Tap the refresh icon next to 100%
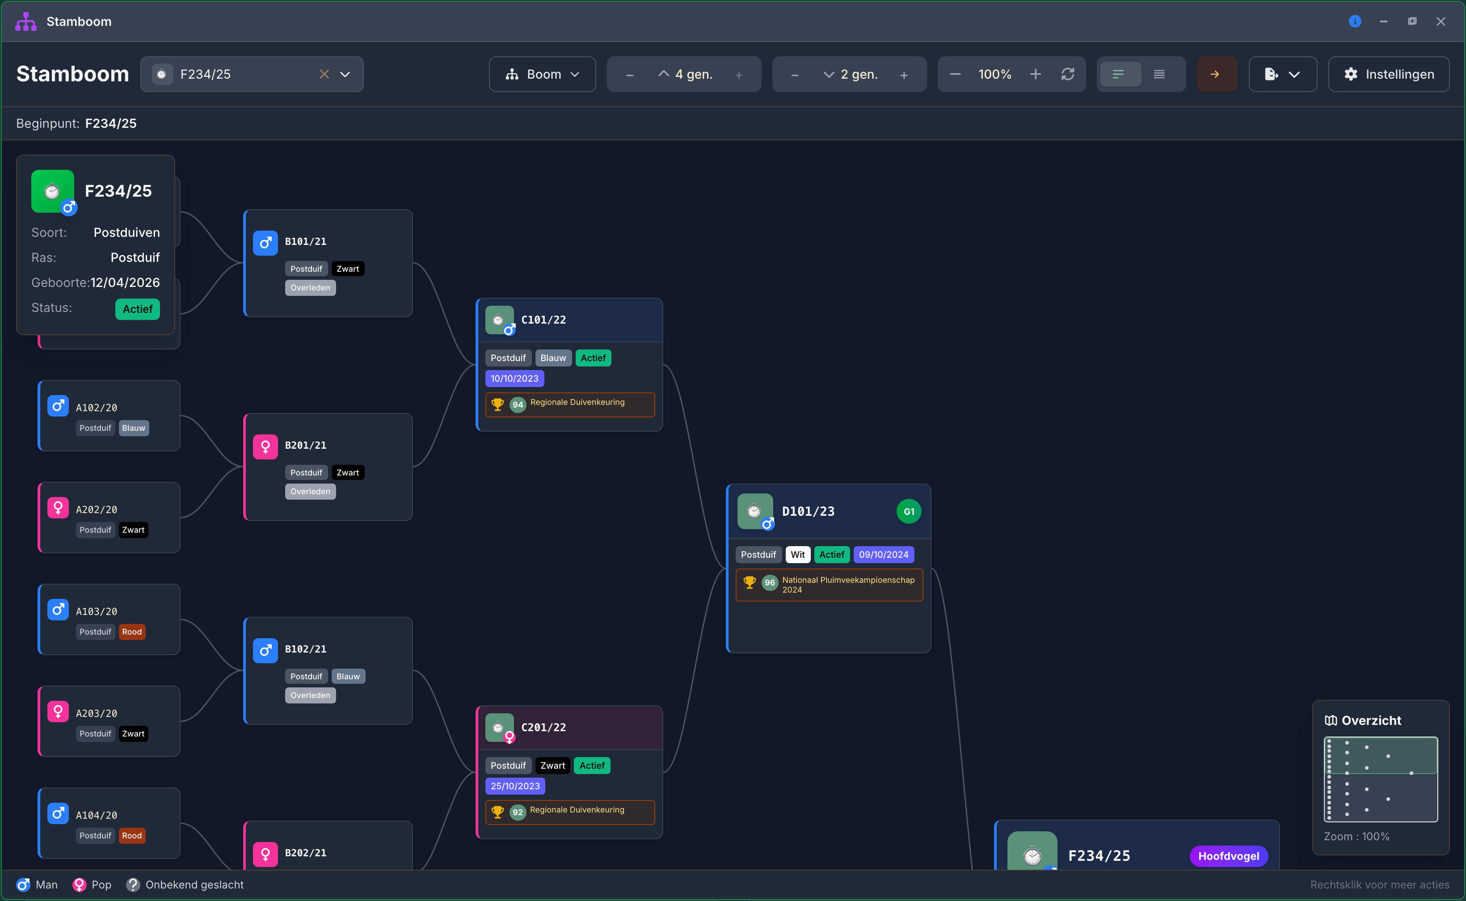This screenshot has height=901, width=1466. pyautogui.click(x=1068, y=74)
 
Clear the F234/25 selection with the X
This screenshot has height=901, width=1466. pyautogui.click(x=324, y=74)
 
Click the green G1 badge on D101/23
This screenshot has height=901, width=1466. pyautogui.click(x=909, y=511)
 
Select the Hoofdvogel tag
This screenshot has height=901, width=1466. pyautogui.click(x=1229, y=856)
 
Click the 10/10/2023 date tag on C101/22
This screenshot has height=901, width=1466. pyautogui.click(x=514, y=379)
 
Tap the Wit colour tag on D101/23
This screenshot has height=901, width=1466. pyautogui.click(x=798, y=555)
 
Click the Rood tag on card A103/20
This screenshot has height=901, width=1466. pyautogui.click(x=132, y=632)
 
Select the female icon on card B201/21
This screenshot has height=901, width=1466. pyautogui.click(x=265, y=447)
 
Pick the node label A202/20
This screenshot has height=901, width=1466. pyautogui.click(x=97, y=509)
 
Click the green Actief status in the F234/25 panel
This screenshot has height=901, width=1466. pyautogui.click(x=138, y=309)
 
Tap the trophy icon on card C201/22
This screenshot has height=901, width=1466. pyautogui.click(x=497, y=812)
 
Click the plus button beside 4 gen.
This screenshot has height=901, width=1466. pyautogui.click(x=739, y=75)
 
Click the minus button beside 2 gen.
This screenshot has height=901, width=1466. pyautogui.click(x=794, y=75)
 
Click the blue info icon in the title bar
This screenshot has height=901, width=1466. pyautogui.click(x=1355, y=21)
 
